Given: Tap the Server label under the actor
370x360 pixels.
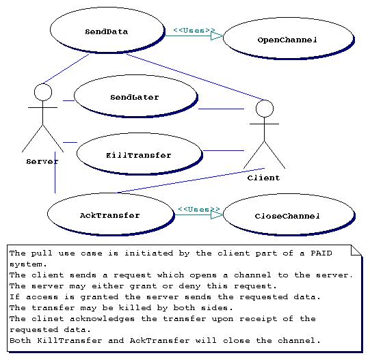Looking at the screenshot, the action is (42, 161).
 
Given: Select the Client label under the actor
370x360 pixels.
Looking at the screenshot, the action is (263, 178).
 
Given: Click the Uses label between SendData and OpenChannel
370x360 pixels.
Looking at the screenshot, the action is (194, 31).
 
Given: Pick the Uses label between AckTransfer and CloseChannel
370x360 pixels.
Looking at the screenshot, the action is (199, 209).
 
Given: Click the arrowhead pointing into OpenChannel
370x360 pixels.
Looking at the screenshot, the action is (217, 36).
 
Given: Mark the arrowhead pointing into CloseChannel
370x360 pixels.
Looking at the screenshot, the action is (217, 214).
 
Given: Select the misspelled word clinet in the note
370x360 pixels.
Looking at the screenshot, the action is (48, 319).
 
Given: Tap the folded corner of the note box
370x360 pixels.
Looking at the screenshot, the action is (356, 250).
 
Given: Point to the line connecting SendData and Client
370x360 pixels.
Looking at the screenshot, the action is (195, 77).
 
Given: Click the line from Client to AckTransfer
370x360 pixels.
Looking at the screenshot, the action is (191, 180).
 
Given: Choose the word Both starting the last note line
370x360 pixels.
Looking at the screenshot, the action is (20, 341).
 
